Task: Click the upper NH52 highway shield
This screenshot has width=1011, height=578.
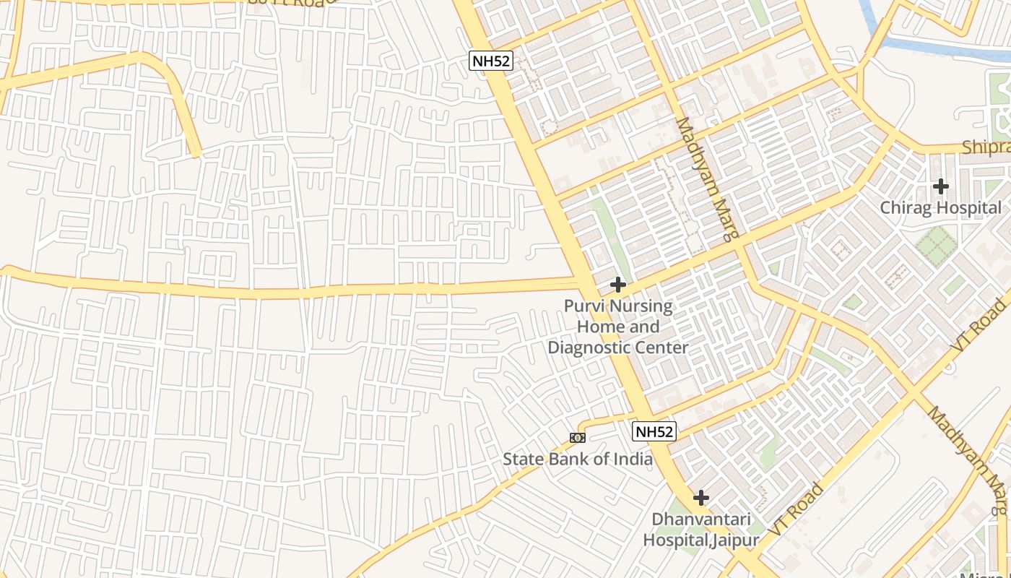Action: coord(491,61)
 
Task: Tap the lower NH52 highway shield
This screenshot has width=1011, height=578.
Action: coord(654,432)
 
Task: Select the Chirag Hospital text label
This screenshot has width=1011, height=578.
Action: coord(940,208)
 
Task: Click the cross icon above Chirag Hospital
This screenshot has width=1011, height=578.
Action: coord(940,186)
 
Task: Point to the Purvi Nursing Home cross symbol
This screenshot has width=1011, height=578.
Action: coord(617,285)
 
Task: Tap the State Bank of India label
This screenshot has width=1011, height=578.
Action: coord(577,459)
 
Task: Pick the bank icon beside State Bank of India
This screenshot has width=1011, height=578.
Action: coord(577,437)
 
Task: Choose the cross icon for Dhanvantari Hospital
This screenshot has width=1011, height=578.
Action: coord(700,498)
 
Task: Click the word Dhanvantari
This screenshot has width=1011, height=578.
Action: coord(701,519)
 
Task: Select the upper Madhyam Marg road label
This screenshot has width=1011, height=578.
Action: coord(708,179)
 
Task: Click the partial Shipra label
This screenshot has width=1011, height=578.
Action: coord(986,147)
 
